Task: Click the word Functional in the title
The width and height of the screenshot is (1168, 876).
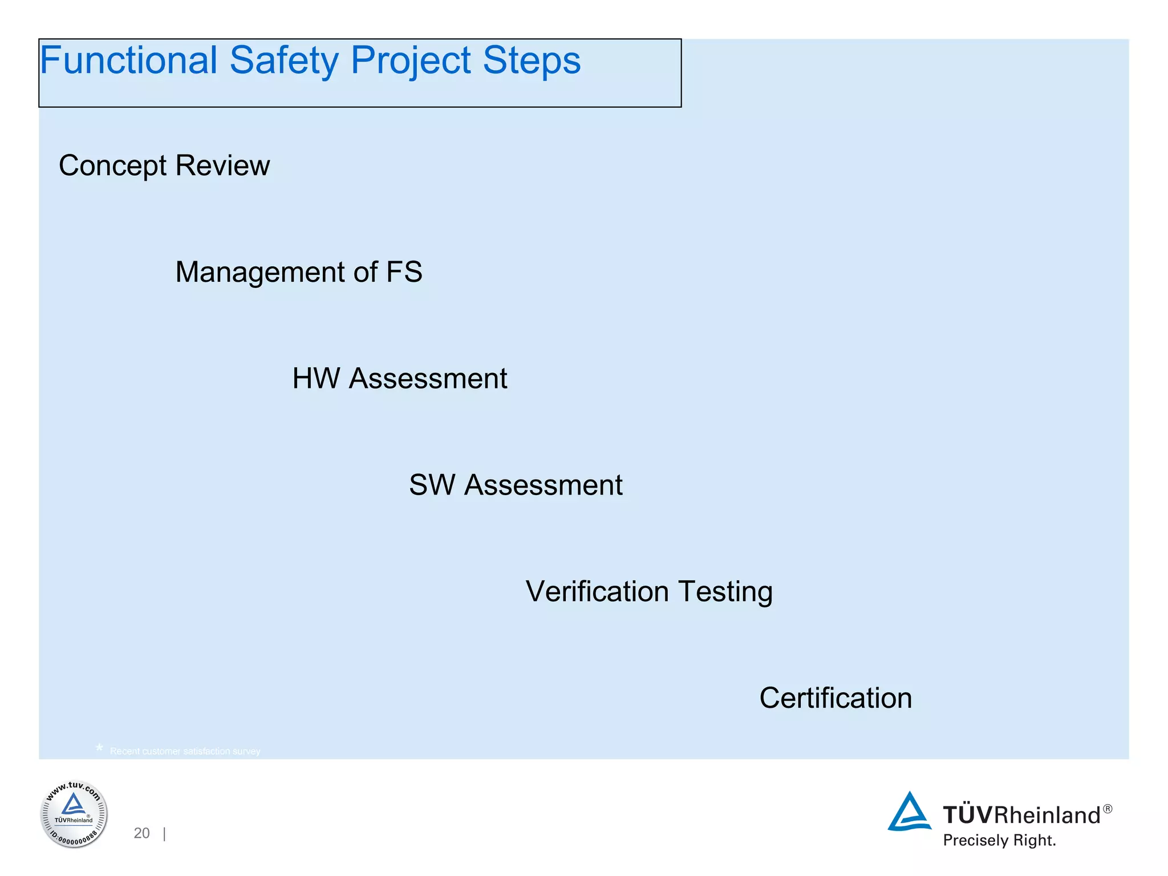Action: [128, 60]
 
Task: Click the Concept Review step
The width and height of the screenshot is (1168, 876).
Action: [164, 166]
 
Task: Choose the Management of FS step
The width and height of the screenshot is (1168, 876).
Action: [298, 272]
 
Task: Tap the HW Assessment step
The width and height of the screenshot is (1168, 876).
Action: [399, 379]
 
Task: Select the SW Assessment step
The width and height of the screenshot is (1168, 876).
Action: [516, 485]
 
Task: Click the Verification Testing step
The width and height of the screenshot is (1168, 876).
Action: [649, 592]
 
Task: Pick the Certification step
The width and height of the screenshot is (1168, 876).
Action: [836, 698]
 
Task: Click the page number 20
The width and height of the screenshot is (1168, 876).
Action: [141, 833]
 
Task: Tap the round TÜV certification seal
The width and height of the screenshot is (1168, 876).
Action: [74, 814]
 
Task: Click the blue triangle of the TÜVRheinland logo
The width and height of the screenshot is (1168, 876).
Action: [909, 812]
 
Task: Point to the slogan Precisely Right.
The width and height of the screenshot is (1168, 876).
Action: [999, 841]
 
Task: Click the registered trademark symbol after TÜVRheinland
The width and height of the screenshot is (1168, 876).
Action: [1108, 809]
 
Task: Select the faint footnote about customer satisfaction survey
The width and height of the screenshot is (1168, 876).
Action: [185, 752]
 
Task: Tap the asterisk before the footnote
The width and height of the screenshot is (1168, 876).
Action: [99, 748]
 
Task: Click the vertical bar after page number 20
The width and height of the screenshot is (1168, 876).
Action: [164, 834]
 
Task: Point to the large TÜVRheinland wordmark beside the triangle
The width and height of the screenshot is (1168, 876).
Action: [1021, 816]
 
